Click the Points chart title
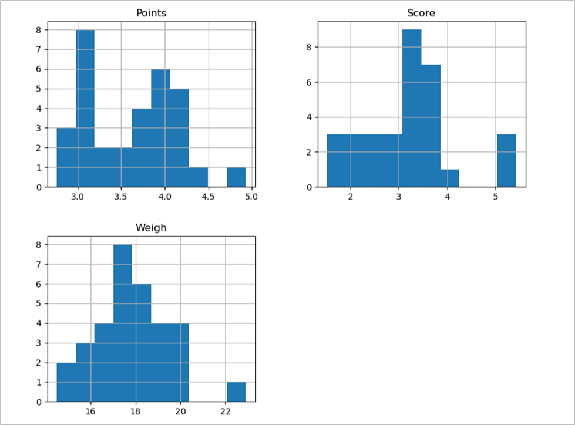(151, 13)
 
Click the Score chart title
(421, 13)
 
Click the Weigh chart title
(151, 228)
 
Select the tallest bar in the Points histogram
(85, 109)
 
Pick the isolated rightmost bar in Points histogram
(236, 177)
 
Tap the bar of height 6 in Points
(160, 128)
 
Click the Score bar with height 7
(431, 126)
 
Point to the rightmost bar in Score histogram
(506, 161)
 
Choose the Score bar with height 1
(449, 178)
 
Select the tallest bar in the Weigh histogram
(123, 323)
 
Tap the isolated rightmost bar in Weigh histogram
(236, 392)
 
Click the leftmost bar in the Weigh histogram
(66, 382)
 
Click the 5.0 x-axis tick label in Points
(251, 197)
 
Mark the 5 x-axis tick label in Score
(496, 197)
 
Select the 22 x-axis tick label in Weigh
(226, 411)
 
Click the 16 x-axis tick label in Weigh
(91, 411)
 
